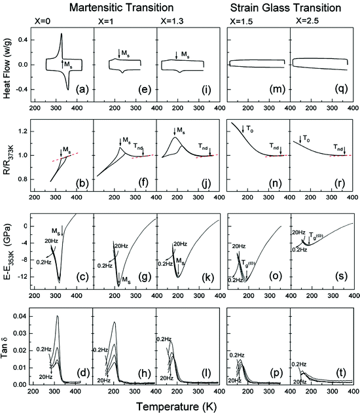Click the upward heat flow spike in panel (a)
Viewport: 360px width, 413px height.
pyautogui.click(x=62, y=35)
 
